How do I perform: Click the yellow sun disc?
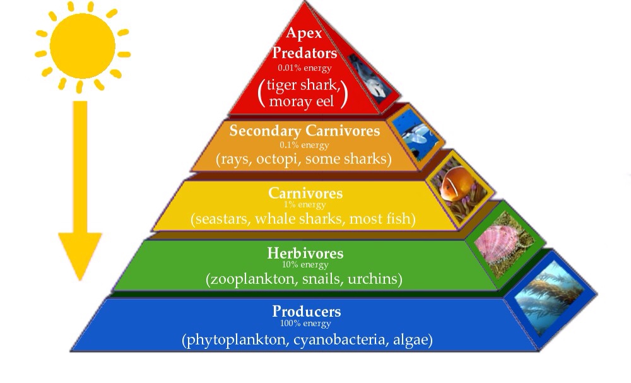[x=83, y=45]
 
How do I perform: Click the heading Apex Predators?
[x=304, y=43]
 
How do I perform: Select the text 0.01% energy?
[x=305, y=68]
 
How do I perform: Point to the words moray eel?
[x=302, y=100]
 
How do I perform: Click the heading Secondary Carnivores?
[x=305, y=131]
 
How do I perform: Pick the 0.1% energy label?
[x=305, y=144]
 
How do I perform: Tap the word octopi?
[x=278, y=159]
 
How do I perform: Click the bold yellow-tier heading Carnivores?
[x=305, y=193]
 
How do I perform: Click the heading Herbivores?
[x=305, y=253]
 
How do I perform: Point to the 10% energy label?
[x=305, y=264]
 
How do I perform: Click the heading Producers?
[x=306, y=311]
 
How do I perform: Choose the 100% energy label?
[x=306, y=323]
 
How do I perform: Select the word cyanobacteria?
[x=338, y=339]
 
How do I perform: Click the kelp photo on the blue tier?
[x=550, y=297]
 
